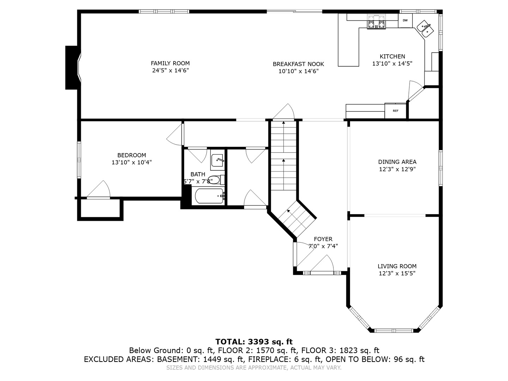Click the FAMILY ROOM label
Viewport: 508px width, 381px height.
coord(170,64)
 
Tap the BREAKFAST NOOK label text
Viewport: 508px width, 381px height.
coord(298,64)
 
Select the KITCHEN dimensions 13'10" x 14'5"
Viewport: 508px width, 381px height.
coord(392,64)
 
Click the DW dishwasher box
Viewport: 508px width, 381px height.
coord(405,20)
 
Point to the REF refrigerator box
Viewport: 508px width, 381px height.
coord(395,111)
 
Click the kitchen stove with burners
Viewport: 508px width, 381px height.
coord(376,22)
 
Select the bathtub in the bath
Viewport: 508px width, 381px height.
coord(209,196)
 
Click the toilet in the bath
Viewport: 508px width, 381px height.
coord(214,180)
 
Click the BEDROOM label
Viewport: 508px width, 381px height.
coord(132,155)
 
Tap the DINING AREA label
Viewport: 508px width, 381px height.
coord(397,162)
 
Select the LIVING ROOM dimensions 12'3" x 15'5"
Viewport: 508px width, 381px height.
coord(397,273)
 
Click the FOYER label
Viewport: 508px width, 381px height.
coord(323,239)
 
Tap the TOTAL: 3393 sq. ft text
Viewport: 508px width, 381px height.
coord(254,341)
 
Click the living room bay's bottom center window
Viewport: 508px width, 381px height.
coord(393,331)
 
